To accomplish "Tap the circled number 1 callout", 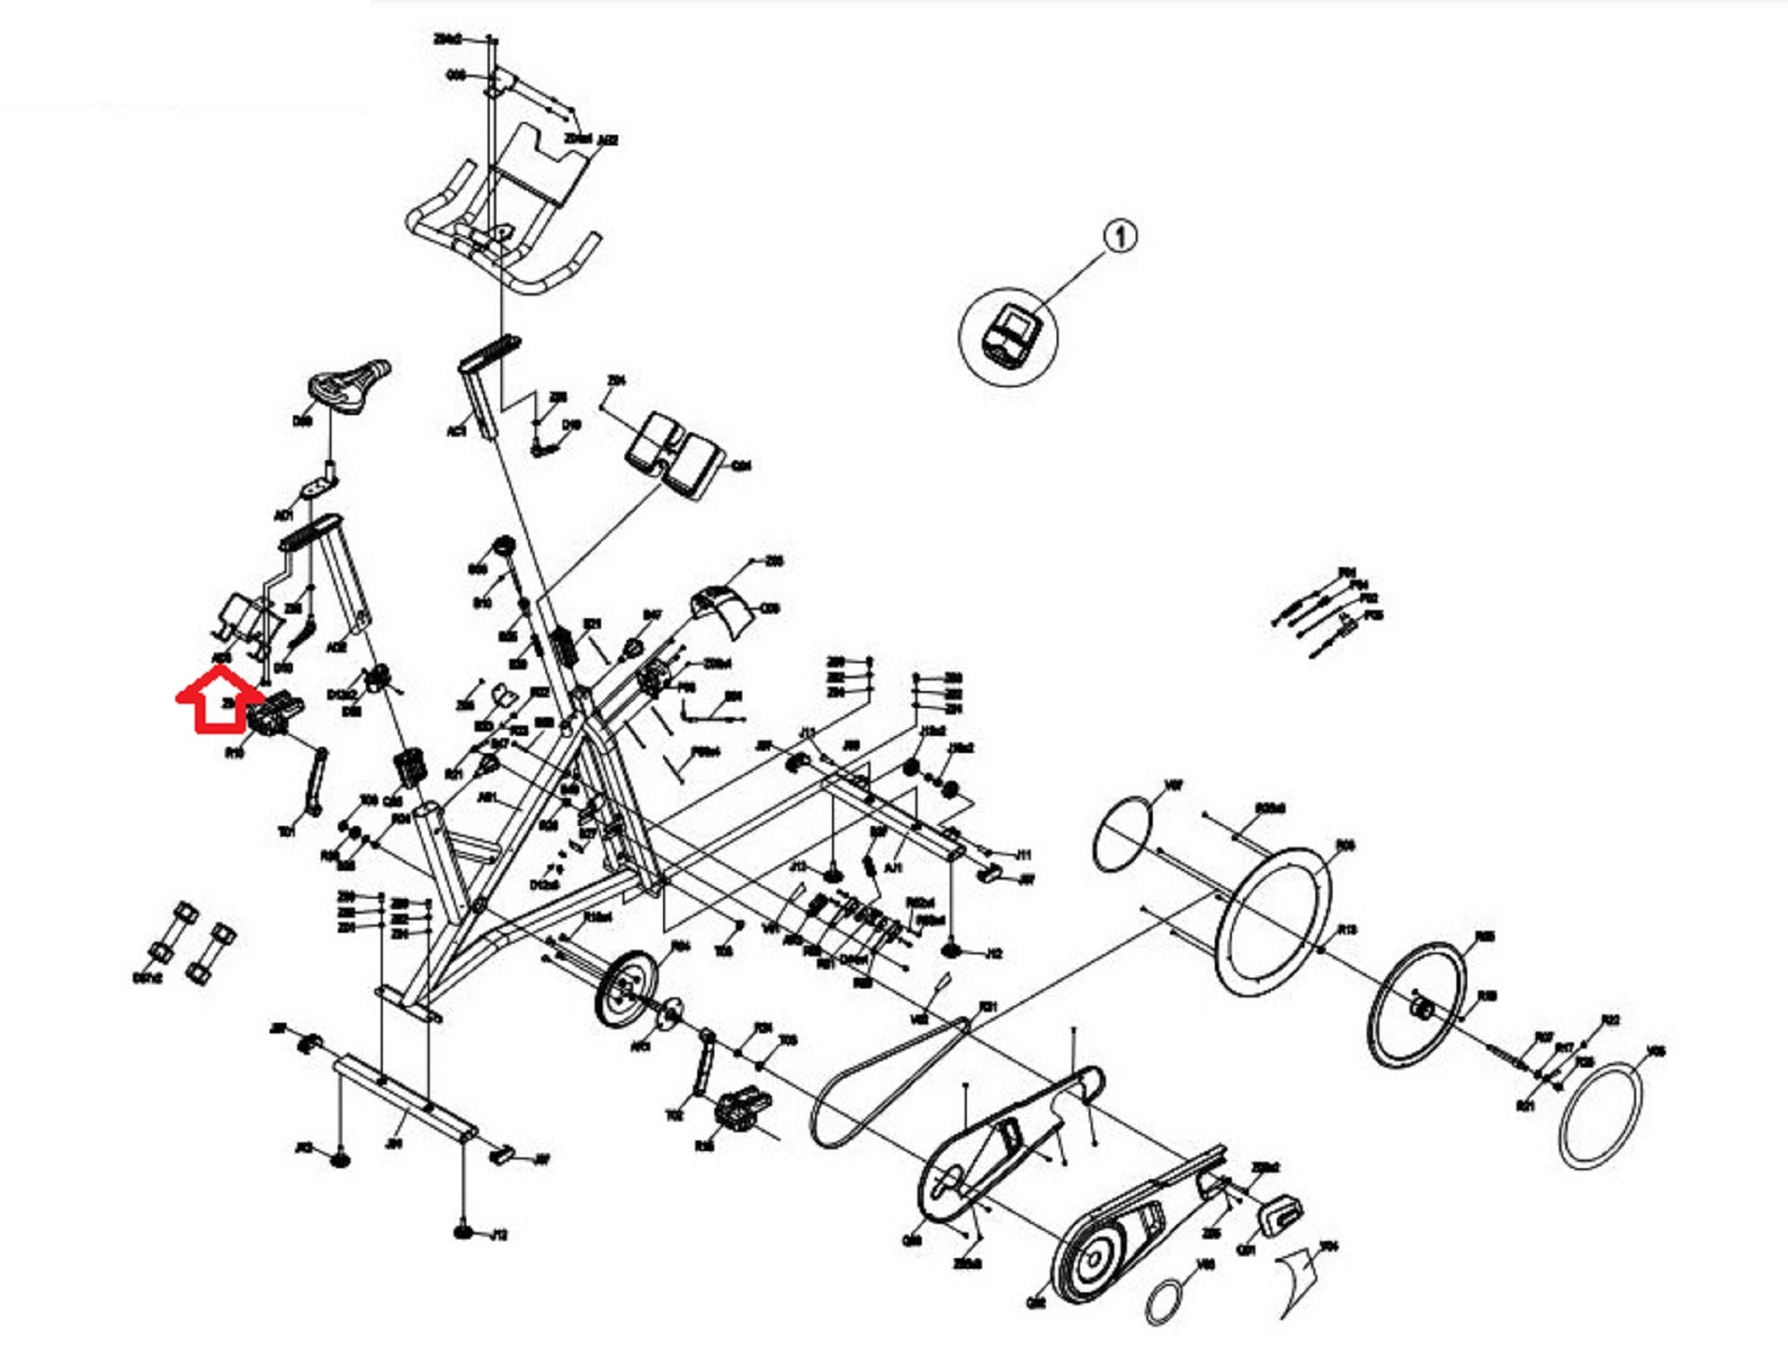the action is (x=1120, y=237).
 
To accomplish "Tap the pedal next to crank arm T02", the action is (x=742, y=1111).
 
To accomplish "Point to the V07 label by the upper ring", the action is (x=1173, y=785).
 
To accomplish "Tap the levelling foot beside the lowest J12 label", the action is (x=464, y=1230).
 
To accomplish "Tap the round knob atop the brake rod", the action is (x=502, y=546).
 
